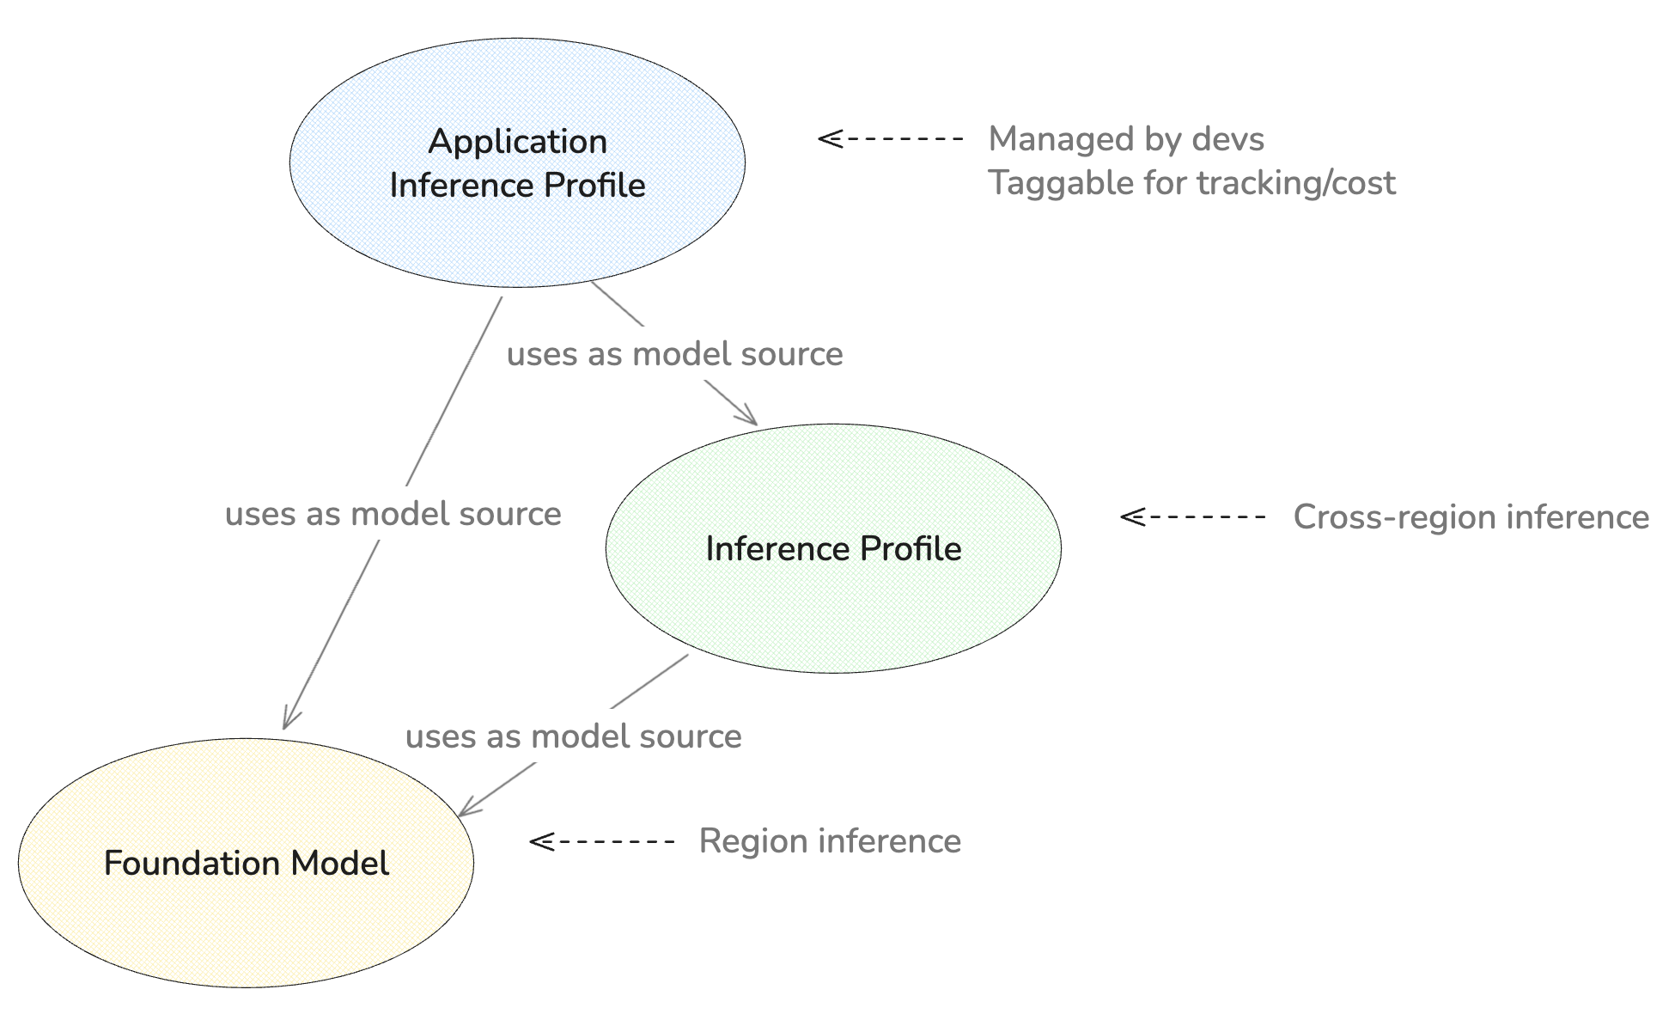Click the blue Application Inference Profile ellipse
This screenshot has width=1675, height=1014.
[x=517, y=162]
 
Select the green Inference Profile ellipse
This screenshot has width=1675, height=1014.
[x=833, y=548]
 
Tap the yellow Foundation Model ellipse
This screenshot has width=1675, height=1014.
[x=246, y=863]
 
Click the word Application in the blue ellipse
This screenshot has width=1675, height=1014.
[x=517, y=142]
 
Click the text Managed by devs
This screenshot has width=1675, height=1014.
[x=1126, y=139]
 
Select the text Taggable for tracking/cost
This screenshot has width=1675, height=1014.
[x=1191, y=183]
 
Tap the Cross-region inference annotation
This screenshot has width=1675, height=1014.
[x=1471, y=517]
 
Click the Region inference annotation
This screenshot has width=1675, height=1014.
[x=830, y=841]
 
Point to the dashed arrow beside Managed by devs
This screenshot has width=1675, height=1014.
[x=890, y=138]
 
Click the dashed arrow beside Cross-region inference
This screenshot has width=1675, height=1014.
[x=1192, y=516]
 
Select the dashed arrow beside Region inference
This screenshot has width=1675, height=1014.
[x=601, y=841]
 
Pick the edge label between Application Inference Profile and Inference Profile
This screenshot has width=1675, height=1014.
[x=674, y=354]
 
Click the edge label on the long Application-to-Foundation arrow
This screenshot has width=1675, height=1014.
[x=393, y=514]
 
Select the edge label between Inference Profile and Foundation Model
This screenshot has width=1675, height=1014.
[x=573, y=736]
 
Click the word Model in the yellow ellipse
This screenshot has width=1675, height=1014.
[x=339, y=863]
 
